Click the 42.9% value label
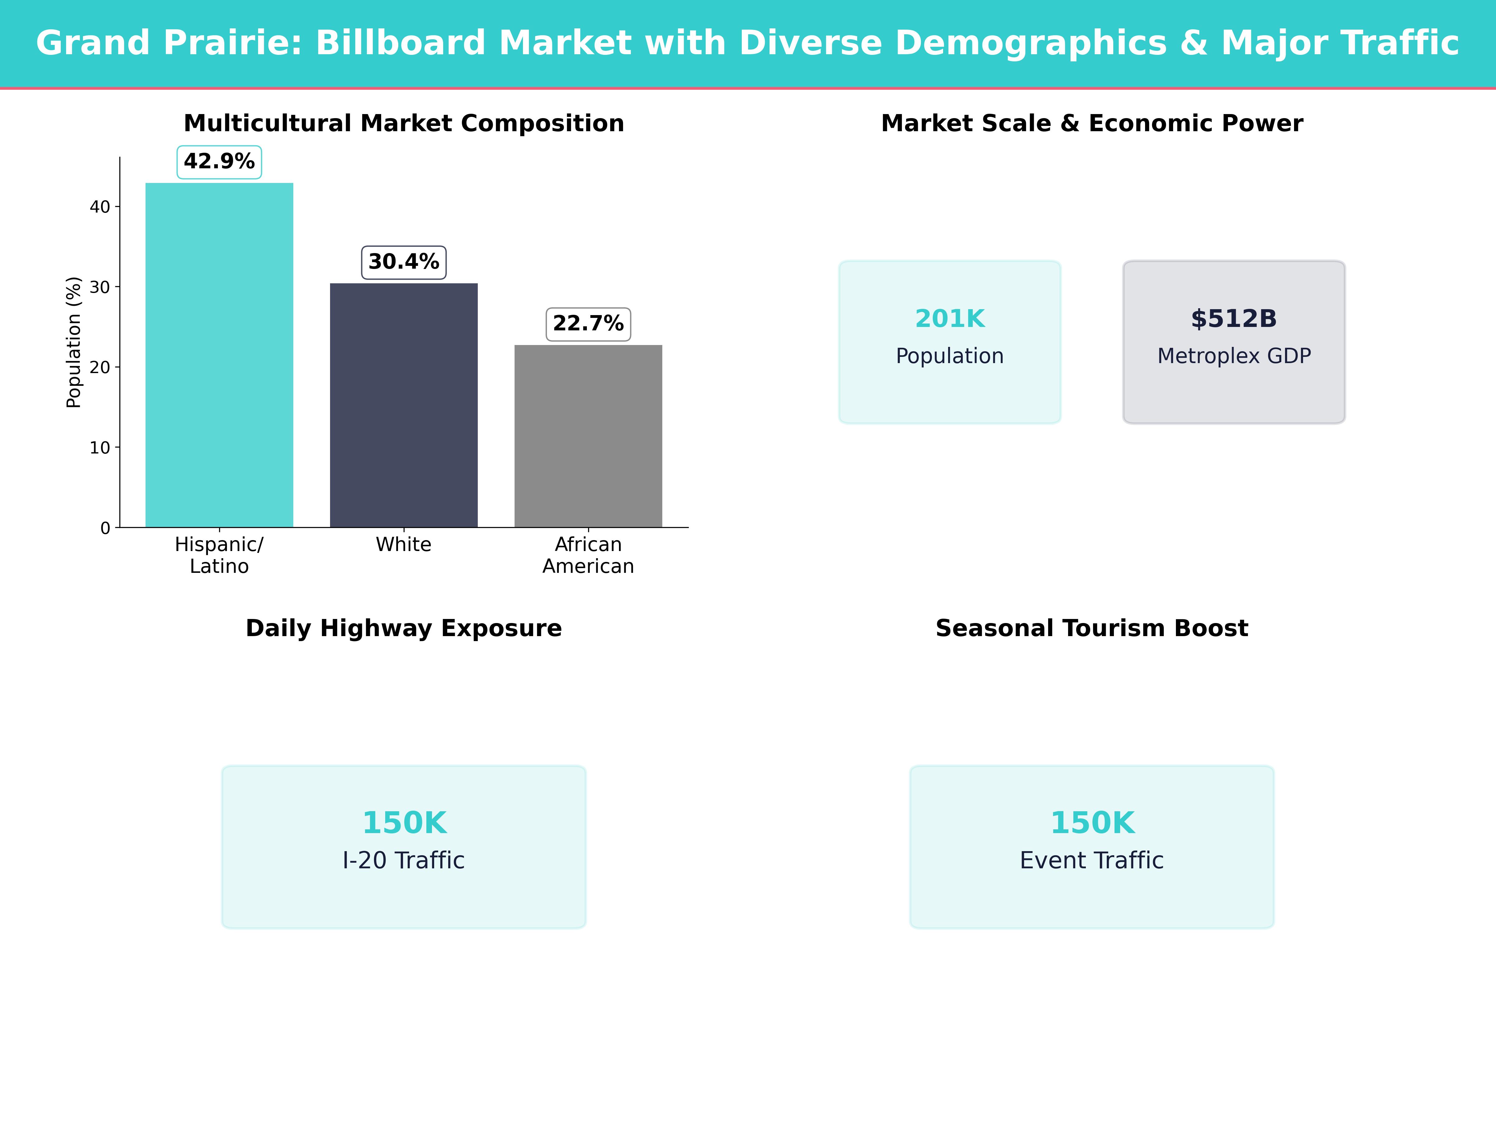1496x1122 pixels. [219, 162]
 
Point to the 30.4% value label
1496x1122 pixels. [404, 262]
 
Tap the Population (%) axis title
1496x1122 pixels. [74, 342]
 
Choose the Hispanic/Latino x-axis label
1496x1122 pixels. [219, 555]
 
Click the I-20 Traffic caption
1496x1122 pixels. [404, 860]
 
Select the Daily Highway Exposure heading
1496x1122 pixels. [404, 628]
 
